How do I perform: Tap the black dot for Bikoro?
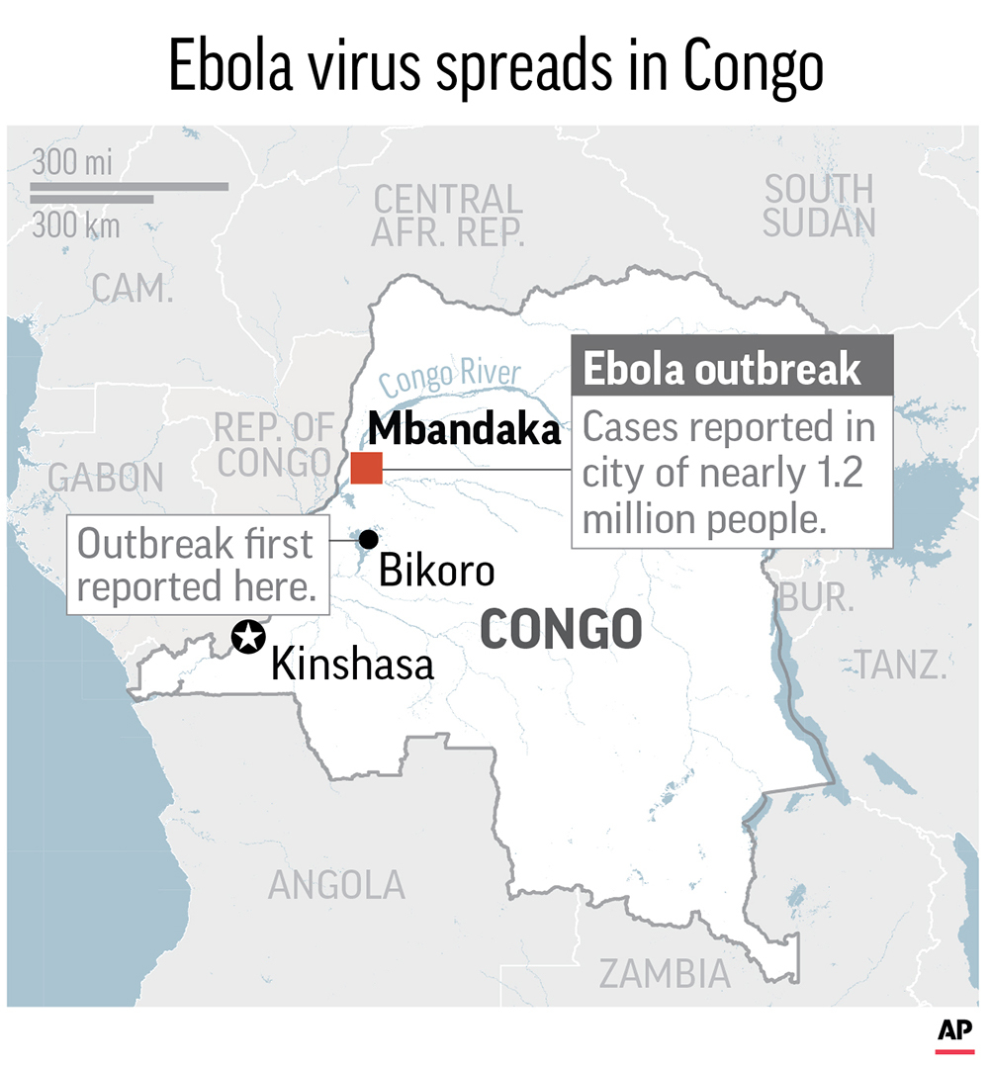tap(368, 539)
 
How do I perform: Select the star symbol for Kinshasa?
tap(247, 637)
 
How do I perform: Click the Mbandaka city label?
tap(464, 431)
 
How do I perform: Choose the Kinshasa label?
tap(352, 664)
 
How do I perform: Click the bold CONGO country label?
tap(561, 631)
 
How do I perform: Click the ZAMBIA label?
tap(666, 974)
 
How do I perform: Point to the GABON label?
tap(107, 478)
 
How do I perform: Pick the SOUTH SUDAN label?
tap(819, 206)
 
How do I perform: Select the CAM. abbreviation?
tap(133, 289)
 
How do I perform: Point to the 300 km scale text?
tap(75, 225)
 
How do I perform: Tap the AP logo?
tap(954, 1032)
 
